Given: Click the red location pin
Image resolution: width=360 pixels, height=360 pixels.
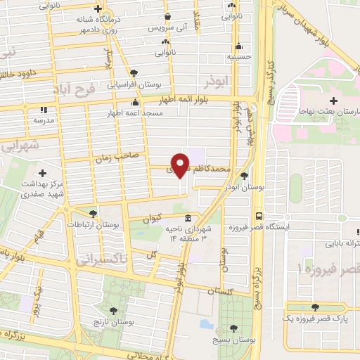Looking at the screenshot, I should (x=181, y=165).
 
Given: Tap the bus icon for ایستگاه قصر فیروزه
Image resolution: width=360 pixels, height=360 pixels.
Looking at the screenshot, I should (x=259, y=216).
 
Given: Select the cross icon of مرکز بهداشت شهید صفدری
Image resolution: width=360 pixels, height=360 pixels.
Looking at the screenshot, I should (x=43, y=173).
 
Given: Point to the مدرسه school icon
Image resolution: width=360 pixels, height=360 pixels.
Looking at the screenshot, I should (x=43, y=110).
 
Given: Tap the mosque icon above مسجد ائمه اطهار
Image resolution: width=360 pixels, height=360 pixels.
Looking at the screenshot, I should (x=134, y=103).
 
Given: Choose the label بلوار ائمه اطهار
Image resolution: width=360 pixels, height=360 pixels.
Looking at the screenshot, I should (x=185, y=101).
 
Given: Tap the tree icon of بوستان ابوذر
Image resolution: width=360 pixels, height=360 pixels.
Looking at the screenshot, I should (x=244, y=176).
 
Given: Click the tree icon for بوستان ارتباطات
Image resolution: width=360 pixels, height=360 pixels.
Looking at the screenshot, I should (x=92, y=214).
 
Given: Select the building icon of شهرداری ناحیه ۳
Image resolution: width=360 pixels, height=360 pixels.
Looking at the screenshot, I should (x=188, y=218).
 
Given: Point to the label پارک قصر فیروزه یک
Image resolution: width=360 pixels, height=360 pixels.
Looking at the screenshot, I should (x=315, y=319).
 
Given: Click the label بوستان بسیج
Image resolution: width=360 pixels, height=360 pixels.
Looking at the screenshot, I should (x=233, y=340).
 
